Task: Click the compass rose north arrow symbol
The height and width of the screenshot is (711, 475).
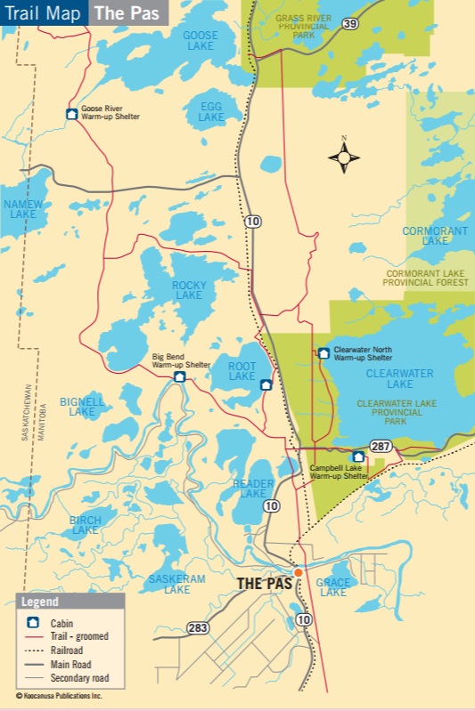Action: (x=344, y=158)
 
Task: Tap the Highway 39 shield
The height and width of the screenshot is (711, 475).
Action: (x=351, y=24)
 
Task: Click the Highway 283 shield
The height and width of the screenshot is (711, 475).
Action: (x=199, y=628)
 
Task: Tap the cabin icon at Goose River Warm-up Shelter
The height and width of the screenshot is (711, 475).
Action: (x=71, y=113)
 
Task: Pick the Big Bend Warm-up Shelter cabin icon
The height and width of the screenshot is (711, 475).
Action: (x=179, y=376)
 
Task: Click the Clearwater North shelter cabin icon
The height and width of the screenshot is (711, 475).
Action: (x=323, y=353)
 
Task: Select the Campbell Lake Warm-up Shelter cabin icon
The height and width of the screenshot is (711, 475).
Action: (x=358, y=456)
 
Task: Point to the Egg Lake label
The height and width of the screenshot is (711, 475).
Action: (x=211, y=111)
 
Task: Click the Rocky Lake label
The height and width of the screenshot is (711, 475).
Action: (x=189, y=290)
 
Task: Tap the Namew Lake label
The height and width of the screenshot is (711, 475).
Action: (x=20, y=209)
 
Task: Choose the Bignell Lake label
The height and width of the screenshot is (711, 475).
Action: (x=82, y=407)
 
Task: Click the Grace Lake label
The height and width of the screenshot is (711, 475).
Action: (x=333, y=587)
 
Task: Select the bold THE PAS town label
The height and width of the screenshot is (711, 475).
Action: (x=265, y=584)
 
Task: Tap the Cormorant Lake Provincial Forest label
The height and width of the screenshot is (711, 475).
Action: (x=425, y=278)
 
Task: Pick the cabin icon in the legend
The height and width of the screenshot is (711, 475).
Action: (x=33, y=623)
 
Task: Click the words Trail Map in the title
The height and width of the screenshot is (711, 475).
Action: (x=43, y=13)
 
